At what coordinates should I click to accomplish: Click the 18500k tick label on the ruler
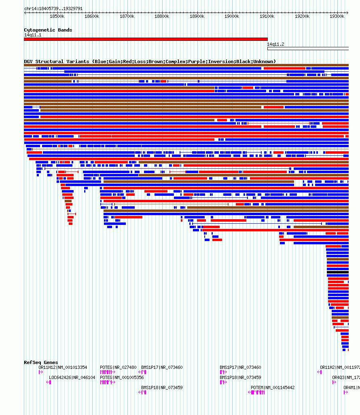(x=57, y=16)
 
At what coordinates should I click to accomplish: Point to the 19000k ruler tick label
(x=232, y=16)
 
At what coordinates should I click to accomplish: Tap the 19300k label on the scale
(x=337, y=16)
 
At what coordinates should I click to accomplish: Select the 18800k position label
(x=162, y=16)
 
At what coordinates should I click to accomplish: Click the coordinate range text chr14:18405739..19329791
(x=53, y=8)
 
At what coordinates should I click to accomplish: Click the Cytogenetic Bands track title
(x=48, y=30)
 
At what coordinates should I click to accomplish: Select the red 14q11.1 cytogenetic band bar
(x=146, y=39)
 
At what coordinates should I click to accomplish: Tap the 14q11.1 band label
(x=32, y=35)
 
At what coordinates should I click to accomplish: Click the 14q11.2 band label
(x=275, y=44)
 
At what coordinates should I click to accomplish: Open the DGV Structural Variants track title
(x=150, y=61)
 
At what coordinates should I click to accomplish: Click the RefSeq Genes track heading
(x=41, y=362)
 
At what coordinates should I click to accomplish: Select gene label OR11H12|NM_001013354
(x=63, y=367)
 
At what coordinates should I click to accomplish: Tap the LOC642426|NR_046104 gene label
(x=72, y=377)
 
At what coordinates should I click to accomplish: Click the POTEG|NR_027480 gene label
(x=118, y=367)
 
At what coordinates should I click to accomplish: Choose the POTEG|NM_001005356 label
(x=122, y=377)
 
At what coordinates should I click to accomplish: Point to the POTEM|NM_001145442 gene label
(x=273, y=387)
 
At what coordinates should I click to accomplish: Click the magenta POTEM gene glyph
(x=257, y=392)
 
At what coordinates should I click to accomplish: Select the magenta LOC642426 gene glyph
(x=49, y=382)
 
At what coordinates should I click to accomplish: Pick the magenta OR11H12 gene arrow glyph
(x=40, y=372)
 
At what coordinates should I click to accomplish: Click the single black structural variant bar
(x=338, y=272)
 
